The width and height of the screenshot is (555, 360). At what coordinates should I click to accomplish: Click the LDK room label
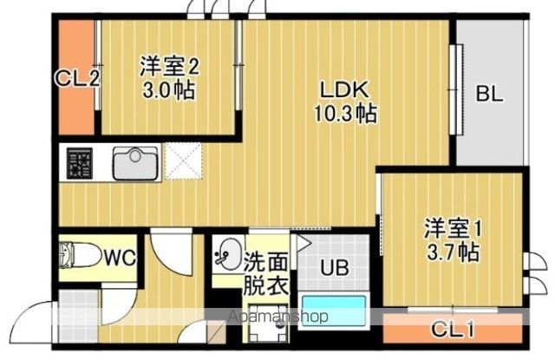[x=346, y=89]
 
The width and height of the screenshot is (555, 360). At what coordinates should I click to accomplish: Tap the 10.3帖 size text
[x=346, y=113]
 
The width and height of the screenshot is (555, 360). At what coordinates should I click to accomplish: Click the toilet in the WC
[x=76, y=258]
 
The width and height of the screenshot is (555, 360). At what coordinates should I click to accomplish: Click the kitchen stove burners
[x=81, y=162]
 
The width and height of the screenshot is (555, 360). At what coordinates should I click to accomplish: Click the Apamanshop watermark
[x=277, y=317]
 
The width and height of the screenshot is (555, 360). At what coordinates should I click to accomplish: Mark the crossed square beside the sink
[x=183, y=162]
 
